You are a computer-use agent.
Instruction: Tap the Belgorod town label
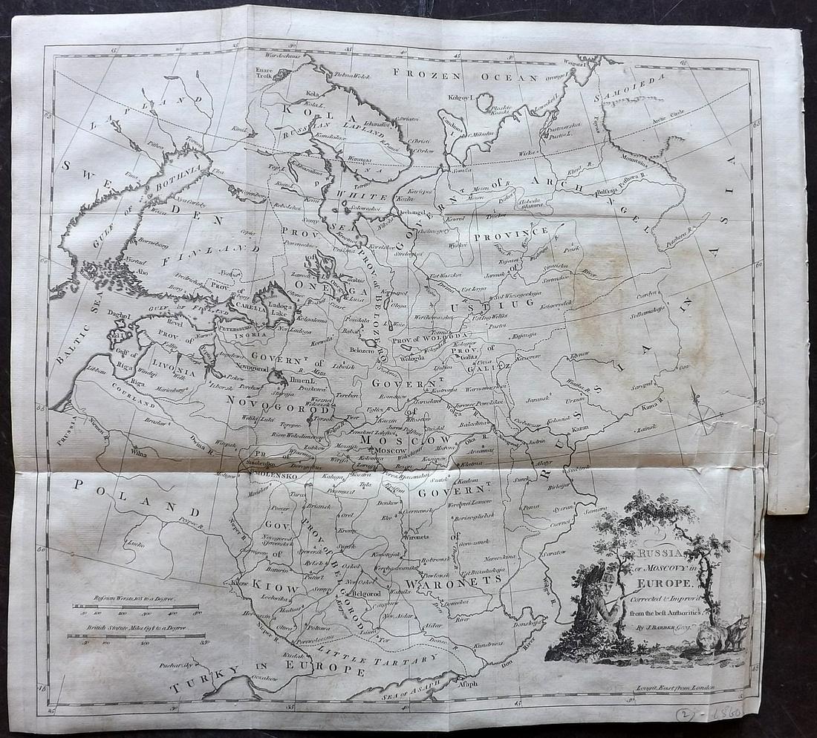pos(365,594)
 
